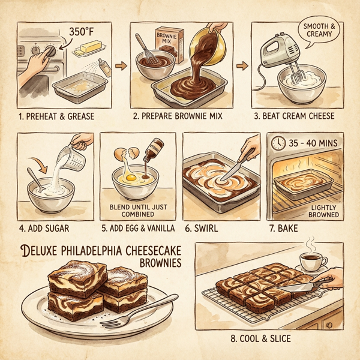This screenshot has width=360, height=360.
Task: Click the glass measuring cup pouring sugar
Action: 76,149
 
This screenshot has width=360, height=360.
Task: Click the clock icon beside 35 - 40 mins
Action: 278,143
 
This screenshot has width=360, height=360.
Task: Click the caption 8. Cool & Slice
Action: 262,339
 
